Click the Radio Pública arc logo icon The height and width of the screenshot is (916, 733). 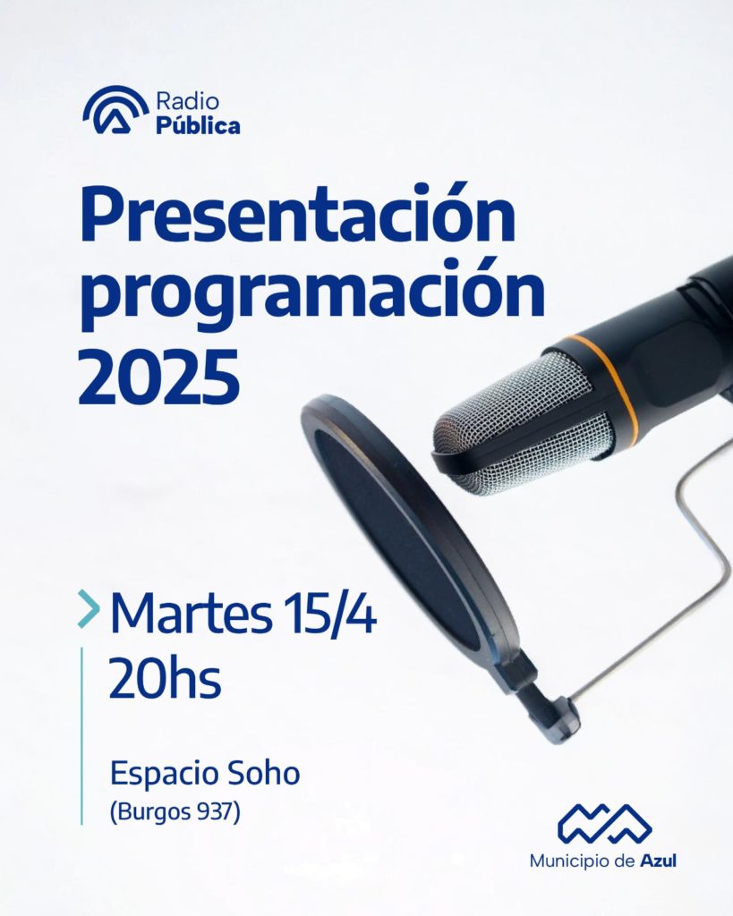point(115,110)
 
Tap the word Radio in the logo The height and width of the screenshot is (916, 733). point(187,102)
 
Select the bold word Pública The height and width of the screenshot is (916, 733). point(198,125)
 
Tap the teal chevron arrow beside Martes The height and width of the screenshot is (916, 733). point(89,608)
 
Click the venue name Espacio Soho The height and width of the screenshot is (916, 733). point(205,775)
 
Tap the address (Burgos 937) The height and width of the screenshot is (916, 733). point(175,812)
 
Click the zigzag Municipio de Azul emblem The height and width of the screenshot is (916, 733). point(604,825)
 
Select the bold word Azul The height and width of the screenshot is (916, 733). point(658,861)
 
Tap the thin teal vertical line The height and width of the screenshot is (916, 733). point(81,736)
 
